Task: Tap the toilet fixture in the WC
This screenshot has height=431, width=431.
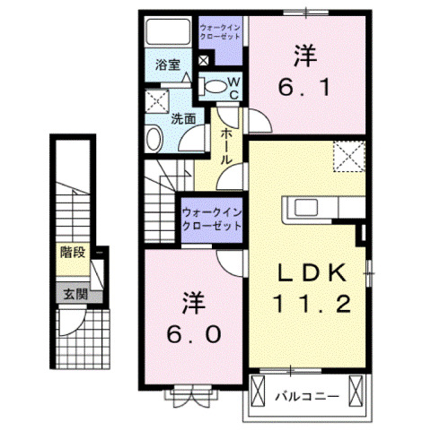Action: point(216,87)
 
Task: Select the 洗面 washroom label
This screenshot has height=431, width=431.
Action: point(184,117)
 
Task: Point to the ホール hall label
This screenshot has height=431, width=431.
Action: point(226,143)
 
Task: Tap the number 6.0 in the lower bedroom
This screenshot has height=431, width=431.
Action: point(190,317)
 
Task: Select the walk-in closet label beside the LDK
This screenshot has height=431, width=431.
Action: point(213,220)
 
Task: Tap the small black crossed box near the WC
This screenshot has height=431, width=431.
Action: point(203,61)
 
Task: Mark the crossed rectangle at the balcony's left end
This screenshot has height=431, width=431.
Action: point(259,391)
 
